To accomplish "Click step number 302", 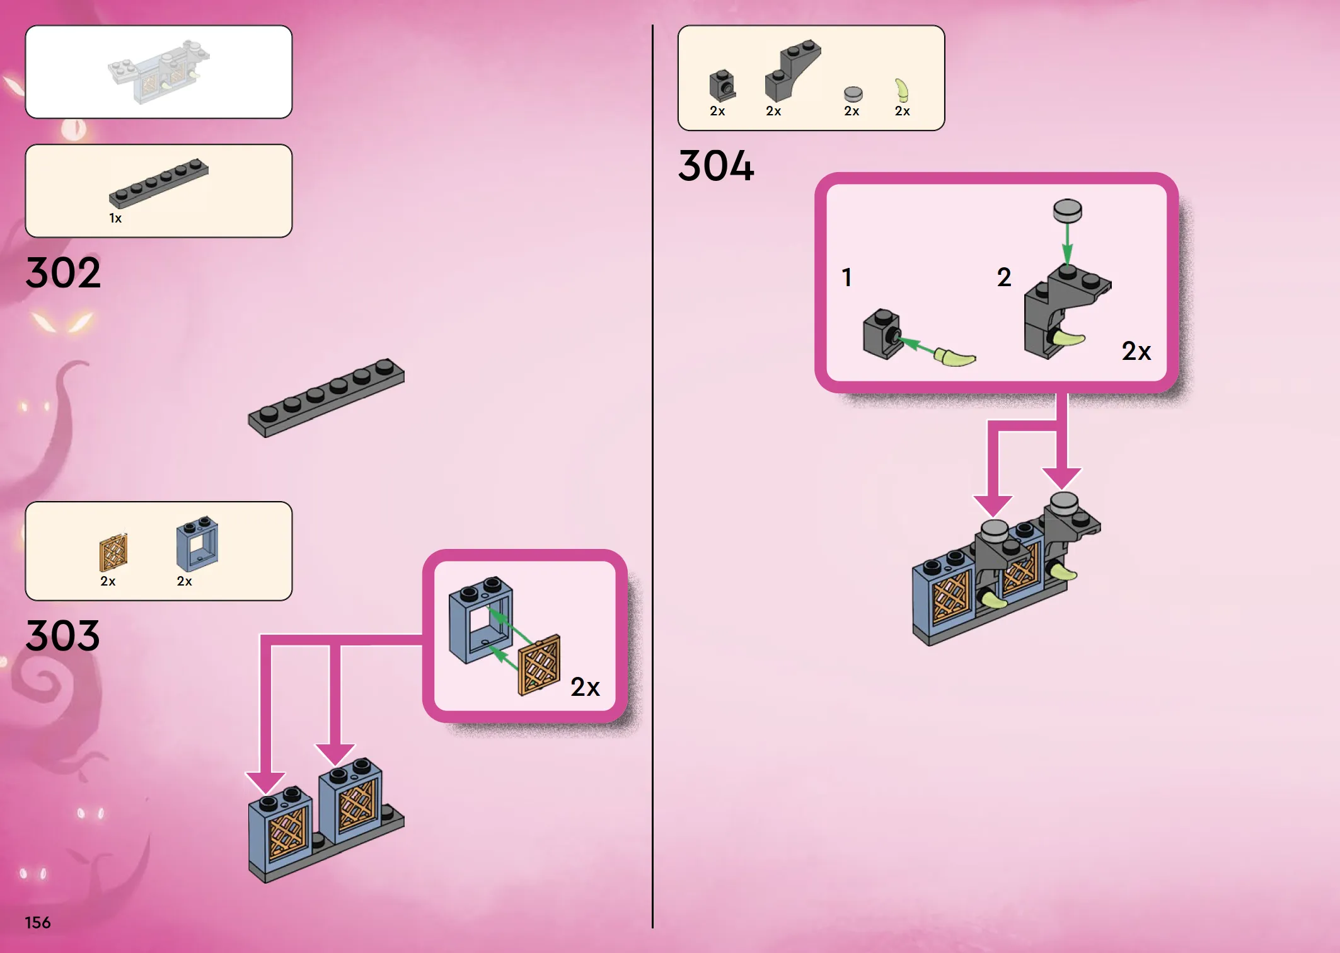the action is [x=63, y=273].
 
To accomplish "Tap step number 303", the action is [x=63, y=635].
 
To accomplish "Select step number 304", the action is [x=716, y=166].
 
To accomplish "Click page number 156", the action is [x=38, y=923].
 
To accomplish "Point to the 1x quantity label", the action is [x=115, y=218].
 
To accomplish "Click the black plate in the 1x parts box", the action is [x=158, y=183].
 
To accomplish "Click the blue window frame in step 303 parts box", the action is [x=197, y=543].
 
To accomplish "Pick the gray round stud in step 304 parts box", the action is [x=853, y=95].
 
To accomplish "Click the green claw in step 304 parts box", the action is [x=903, y=90].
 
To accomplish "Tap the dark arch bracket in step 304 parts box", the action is [x=793, y=71].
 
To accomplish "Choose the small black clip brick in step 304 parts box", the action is [x=722, y=86].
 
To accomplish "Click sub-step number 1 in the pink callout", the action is [x=847, y=277].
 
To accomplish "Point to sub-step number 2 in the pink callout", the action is [x=1004, y=277].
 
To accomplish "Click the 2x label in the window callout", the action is [x=585, y=687].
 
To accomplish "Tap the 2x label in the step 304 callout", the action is [x=1136, y=351].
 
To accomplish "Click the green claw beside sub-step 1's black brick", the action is [x=955, y=357].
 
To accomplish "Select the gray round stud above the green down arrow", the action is [x=1068, y=211].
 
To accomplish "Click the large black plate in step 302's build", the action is [x=326, y=398].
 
